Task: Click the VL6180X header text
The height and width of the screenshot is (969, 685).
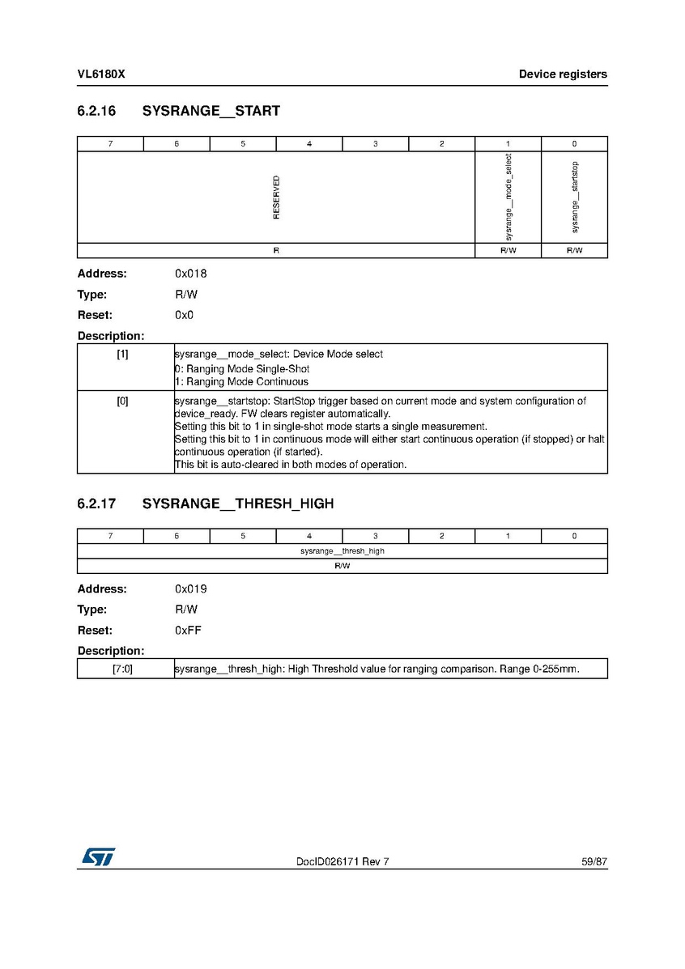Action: click(x=101, y=74)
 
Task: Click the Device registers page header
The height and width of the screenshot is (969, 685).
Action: click(x=563, y=74)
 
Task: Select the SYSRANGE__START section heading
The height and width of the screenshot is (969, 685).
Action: click(x=211, y=111)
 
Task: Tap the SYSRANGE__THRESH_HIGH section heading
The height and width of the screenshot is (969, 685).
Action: click(x=237, y=504)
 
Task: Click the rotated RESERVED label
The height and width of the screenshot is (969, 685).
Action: click(x=276, y=197)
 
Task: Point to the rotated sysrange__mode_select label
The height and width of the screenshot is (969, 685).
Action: click(x=508, y=197)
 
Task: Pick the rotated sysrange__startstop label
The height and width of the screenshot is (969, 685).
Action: click(x=574, y=197)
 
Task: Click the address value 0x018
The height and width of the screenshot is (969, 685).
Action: click(x=190, y=274)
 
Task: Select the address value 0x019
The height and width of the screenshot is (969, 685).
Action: click(x=190, y=589)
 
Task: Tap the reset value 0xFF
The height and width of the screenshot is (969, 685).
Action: click(x=188, y=630)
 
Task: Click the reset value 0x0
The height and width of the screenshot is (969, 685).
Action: click(x=184, y=315)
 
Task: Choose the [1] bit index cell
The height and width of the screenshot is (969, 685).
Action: click(x=122, y=355)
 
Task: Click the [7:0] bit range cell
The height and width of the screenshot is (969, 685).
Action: click(x=122, y=669)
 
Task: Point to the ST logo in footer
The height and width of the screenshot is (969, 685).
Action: click(x=97, y=856)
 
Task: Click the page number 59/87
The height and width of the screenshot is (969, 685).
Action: click(x=594, y=862)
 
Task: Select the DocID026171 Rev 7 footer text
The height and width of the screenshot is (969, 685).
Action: click(x=342, y=862)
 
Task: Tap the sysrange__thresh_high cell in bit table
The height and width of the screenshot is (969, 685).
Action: click(x=342, y=550)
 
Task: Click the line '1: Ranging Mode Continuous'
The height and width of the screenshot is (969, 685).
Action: click(x=241, y=381)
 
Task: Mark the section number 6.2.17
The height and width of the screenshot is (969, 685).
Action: click(x=96, y=504)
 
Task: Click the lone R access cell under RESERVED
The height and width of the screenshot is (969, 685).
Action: click(x=276, y=251)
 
